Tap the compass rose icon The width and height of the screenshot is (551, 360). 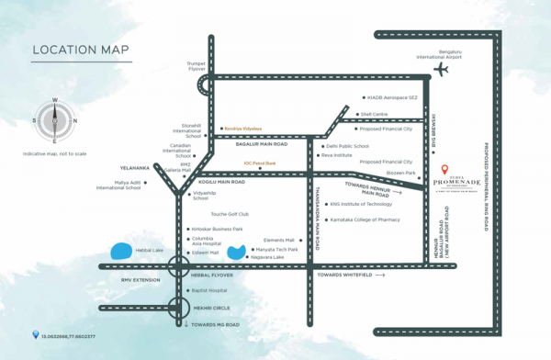click(x=54, y=120)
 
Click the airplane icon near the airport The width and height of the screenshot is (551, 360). click(x=442, y=71)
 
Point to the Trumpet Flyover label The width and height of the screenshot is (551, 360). click(x=200, y=65)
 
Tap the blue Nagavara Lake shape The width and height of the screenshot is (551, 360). click(x=237, y=250)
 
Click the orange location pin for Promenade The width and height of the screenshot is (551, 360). click(x=444, y=171)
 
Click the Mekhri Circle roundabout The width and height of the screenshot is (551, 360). click(x=181, y=309)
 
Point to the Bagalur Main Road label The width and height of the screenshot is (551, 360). click(x=261, y=145)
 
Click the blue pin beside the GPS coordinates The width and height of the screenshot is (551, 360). click(x=36, y=334)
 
